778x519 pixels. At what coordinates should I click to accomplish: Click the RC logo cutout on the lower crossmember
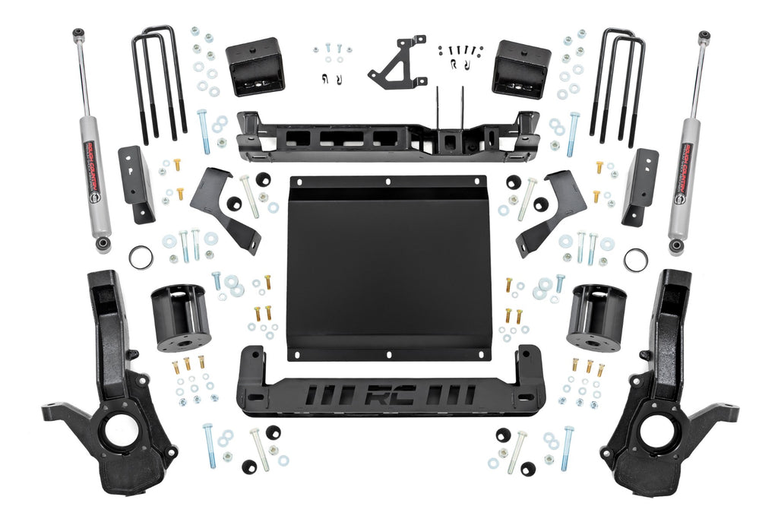388,396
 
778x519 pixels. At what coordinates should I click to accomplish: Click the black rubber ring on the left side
141,258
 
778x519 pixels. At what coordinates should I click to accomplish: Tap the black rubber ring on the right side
637,258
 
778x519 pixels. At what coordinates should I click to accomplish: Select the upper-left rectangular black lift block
255,67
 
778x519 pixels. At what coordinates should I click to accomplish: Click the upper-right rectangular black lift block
520,68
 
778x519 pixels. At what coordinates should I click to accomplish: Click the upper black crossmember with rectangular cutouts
387,137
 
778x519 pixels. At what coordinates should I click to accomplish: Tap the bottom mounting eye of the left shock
103,245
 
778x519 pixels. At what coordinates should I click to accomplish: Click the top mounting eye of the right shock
704,36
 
